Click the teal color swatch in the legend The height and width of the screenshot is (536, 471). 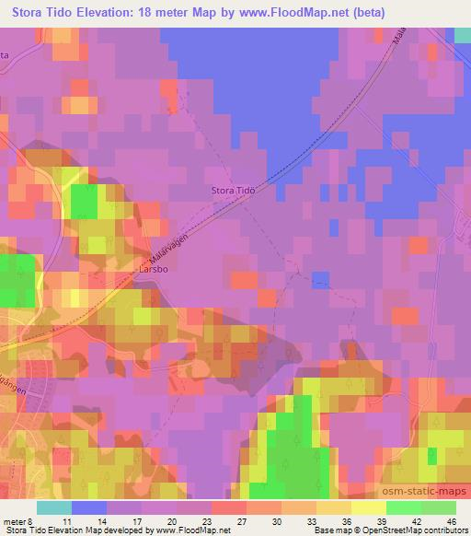click(54, 507)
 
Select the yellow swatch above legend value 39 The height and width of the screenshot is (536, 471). click(369, 507)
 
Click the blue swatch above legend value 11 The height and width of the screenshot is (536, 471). click(89, 507)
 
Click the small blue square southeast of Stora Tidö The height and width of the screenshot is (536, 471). click(320, 279)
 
